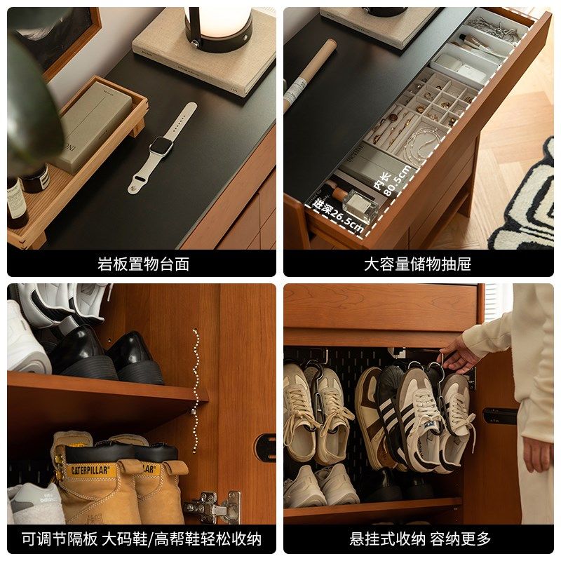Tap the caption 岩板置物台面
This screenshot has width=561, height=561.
[x=143, y=264]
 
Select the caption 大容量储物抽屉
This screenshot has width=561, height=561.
[x=417, y=264]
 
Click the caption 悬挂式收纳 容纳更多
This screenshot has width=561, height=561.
[x=420, y=539]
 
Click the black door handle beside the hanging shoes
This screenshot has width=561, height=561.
[x=500, y=415]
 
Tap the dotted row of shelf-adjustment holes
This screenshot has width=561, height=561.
[x=196, y=389]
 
